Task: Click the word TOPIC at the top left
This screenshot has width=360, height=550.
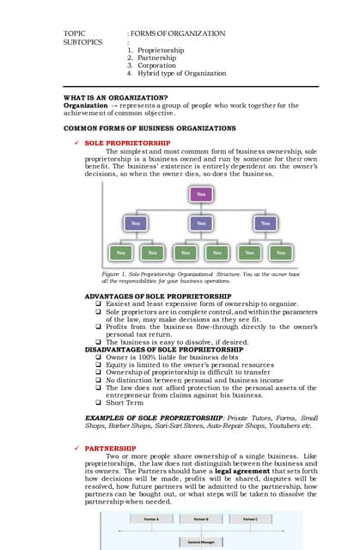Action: pyautogui.click(x=76, y=33)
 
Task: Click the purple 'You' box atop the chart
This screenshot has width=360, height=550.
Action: pyautogui.click(x=201, y=195)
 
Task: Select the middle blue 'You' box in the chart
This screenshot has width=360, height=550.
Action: pyautogui.click(x=201, y=223)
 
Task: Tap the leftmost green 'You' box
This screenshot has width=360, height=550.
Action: pyautogui.click(x=120, y=254)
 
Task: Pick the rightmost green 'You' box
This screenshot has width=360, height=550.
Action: pyautogui.click(x=279, y=254)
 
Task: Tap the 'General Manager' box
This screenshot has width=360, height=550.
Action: pyautogui.click(x=201, y=541)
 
